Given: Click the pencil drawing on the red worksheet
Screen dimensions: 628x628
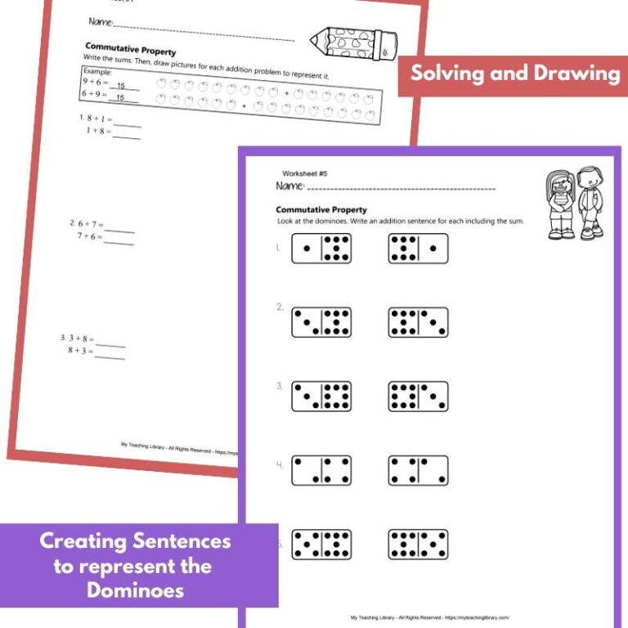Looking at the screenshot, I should click(x=353, y=42).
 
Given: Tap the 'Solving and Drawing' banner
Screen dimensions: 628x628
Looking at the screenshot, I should click(x=514, y=74).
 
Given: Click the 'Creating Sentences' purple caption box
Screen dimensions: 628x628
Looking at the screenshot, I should click(x=136, y=565).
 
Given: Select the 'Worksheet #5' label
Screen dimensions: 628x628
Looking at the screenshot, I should click(x=304, y=173).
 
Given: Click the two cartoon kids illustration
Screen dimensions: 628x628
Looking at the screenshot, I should click(x=574, y=204).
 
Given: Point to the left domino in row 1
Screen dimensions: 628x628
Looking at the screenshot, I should click(x=321, y=249).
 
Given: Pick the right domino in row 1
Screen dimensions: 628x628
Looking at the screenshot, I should click(x=418, y=249).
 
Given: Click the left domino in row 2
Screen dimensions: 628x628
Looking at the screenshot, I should click(x=321, y=322).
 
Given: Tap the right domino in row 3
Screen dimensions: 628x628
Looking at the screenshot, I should click(x=418, y=397).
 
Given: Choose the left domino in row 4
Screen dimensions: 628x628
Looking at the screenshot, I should click(x=321, y=470).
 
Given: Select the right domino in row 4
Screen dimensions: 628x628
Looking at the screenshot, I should click(x=418, y=470).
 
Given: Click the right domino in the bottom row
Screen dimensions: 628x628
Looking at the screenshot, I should click(x=418, y=544).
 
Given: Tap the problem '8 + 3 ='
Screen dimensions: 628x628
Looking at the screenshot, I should click(x=80, y=350).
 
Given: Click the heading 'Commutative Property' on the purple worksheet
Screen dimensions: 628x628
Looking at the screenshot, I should click(x=321, y=210).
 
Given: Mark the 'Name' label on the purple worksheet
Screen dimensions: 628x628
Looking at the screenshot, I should click(x=289, y=186).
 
